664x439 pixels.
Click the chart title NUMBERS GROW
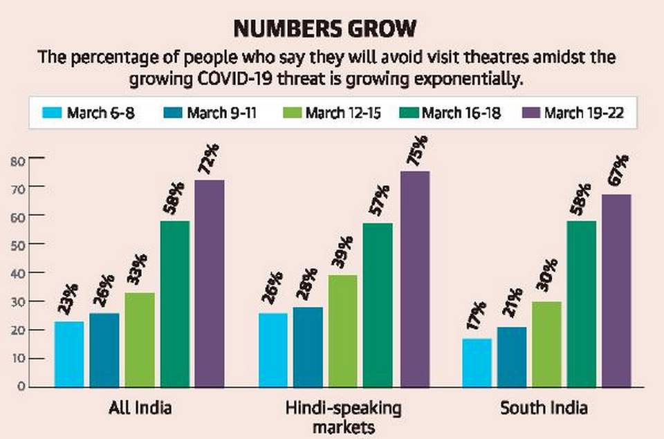[325, 29]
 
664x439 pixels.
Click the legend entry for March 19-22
[584, 113]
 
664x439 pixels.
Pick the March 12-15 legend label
[345, 113]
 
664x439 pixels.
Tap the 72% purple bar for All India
[210, 283]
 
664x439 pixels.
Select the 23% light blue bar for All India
[69, 353]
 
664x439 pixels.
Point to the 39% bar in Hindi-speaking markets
[343, 330]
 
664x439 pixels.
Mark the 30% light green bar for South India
[546, 344]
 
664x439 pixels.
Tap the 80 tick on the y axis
[17, 160]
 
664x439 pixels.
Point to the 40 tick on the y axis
[17, 273]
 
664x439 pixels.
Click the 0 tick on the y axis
[20, 386]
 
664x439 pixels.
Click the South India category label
[544, 409]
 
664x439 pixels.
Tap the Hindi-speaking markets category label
[343, 416]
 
